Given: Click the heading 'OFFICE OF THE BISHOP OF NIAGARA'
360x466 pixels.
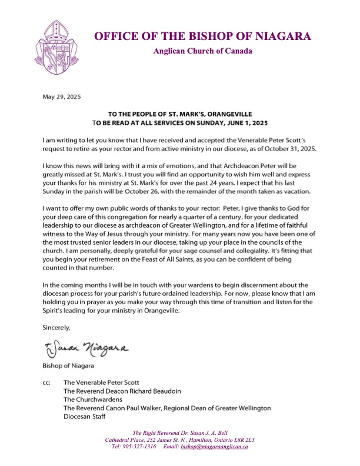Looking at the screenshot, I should tap(203, 36).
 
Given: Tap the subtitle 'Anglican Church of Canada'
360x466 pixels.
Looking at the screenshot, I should tap(203, 51).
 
